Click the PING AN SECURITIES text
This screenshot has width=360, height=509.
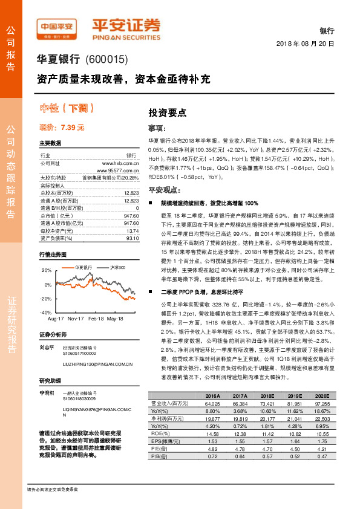coord(126,35)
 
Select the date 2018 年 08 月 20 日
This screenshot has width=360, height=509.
coord(305,44)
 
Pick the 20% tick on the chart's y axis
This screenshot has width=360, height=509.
coord(47,270)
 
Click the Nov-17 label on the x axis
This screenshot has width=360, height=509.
coord(76,318)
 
